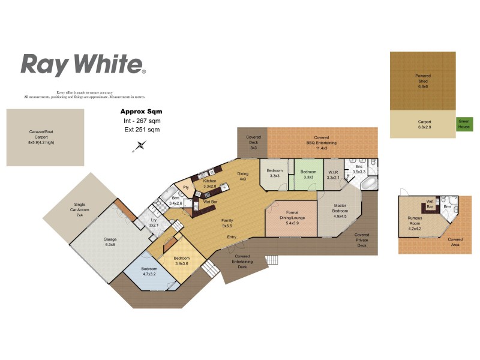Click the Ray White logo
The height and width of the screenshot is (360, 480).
pyautogui.click(x=83, y=64)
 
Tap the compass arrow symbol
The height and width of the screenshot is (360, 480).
pyautogui.click(x=141, y=145)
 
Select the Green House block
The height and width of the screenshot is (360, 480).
pyautogui.click(x=465, y=124)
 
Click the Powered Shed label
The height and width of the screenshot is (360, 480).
pyautogui.click(x=423, y=81)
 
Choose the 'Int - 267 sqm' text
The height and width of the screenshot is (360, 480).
pyautogui.click(x=141, y=121)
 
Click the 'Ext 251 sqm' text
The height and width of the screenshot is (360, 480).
pyautogui.click(x=141, y=129)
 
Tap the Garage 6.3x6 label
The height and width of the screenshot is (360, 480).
pyautogui.click(x=110, y=242)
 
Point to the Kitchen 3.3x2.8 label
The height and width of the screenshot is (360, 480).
pyautogui.click(x=209, y=184)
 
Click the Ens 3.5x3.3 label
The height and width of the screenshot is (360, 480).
pyautogui.click(x=359, y=169)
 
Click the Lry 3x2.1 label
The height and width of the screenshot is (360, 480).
pyautogui.click(x=154, y=223)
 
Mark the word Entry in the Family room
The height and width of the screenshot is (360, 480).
pyautogui.click(x=232, y=237)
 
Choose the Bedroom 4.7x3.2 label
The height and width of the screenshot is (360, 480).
pyautogui.click(x=149, y=271)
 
